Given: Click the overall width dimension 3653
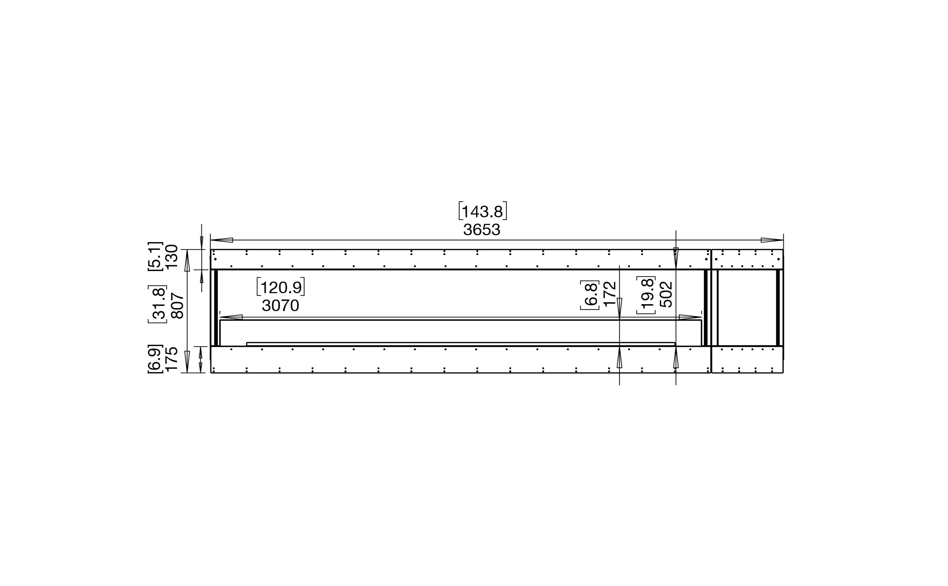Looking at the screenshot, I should [482, 230].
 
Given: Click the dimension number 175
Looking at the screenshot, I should [171, 359].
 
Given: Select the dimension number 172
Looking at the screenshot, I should [610, 294].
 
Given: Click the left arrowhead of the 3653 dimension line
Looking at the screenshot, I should [222, 240].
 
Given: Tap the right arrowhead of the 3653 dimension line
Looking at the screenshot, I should [772, 240].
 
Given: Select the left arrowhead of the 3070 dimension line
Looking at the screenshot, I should [231, 317].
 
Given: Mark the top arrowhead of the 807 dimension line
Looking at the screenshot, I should [187, 261].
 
